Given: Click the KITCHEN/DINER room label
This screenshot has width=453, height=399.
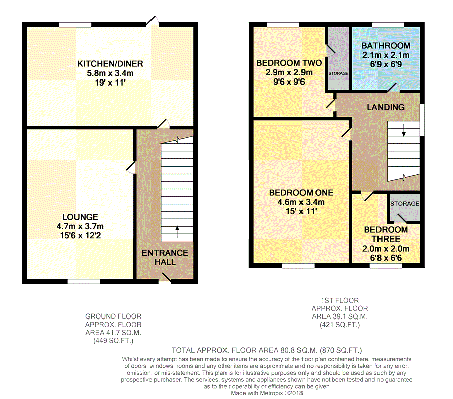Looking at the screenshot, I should coord(110,63).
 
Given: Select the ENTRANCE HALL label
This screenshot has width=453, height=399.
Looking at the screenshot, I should coord(165,257).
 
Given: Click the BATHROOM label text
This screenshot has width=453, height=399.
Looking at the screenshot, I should coord(386,46).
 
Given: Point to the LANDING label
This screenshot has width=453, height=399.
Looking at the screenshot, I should coord(386,107).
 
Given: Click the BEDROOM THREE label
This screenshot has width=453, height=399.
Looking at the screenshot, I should coord(386,234).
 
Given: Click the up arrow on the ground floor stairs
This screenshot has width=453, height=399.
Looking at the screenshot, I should coord(177,231).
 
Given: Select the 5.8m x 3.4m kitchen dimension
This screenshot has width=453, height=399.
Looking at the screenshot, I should coord(110,73).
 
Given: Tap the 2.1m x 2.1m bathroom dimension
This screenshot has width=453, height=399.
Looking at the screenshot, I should coord(386,55).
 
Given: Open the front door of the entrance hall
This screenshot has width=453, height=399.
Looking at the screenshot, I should coord(165,277).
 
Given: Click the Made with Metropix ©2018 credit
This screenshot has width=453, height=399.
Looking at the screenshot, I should coord(267,393).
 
